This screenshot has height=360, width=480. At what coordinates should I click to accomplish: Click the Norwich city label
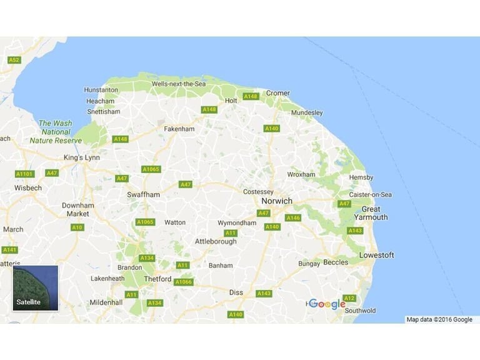(277, 201)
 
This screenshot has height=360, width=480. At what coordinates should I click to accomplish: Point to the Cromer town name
(278, 93)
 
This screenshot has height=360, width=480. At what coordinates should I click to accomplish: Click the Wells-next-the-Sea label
(179, 84)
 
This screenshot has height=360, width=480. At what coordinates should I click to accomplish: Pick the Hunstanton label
(101, 90)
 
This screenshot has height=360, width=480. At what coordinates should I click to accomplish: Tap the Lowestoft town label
(376, 255)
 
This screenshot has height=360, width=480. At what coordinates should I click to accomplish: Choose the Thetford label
(157, 279)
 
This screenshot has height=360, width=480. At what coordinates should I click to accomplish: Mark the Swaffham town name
(143, 194)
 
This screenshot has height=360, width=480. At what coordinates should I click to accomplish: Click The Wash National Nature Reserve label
(56, 132)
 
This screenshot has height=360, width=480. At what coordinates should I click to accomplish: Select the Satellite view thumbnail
(36, 288)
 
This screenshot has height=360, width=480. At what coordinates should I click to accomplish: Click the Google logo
(327, 304)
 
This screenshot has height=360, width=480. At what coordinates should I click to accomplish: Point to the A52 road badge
(14, 60)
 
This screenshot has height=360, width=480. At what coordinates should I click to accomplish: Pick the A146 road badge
(293, 218)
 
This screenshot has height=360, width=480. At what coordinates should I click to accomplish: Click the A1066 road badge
(183, 282)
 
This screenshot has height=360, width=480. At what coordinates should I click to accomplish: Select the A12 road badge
(349, 298)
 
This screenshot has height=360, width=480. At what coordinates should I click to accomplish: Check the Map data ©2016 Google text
(439, 319)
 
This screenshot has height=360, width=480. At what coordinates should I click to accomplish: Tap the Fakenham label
(179, 129)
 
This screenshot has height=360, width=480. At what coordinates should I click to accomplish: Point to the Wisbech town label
(28, 187)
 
